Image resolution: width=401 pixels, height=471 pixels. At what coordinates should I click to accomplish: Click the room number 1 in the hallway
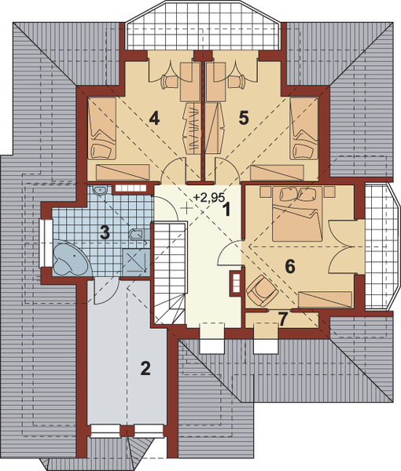pyautogui.click(x=226, y=210)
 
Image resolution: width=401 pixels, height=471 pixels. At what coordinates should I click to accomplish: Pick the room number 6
pyautogui.click(x=290, y=266)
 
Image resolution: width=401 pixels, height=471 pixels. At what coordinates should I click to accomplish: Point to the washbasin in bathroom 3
pyautogui.click(x=100, y=192)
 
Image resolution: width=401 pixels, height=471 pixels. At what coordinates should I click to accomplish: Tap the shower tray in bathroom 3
pyautogui.click(x=136, y=261)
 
